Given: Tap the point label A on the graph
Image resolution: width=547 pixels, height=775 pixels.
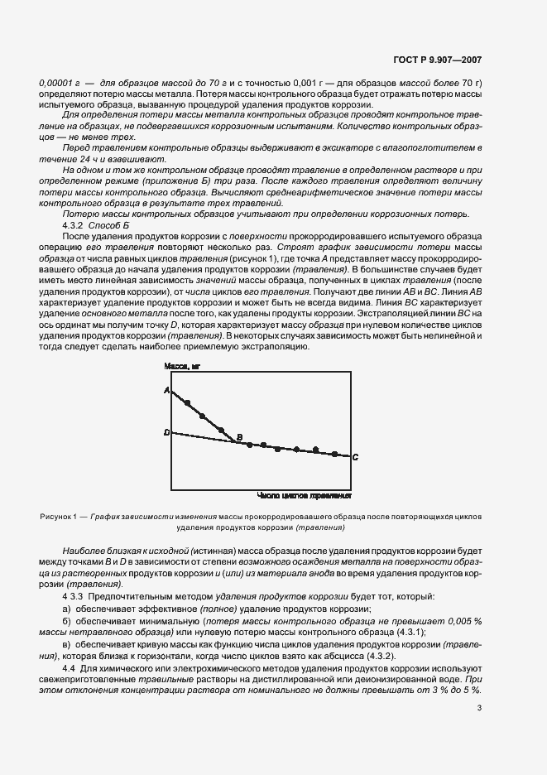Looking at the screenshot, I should [166, 389].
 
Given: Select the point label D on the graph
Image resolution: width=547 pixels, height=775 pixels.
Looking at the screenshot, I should [166, 432].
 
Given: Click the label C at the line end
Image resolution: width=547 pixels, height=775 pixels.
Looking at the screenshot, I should [355, 457].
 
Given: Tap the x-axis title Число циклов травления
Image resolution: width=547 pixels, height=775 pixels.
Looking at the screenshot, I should [305, 496].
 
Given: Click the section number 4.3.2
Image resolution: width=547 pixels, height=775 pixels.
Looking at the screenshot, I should [74, 226].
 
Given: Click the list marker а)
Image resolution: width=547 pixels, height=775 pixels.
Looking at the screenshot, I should [67, 609].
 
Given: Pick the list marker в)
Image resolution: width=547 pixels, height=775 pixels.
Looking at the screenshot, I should [67, 643].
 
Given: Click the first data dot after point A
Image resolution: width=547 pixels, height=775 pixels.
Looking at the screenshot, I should [188, 402].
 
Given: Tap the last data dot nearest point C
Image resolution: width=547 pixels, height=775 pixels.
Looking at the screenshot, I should [334, 454].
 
